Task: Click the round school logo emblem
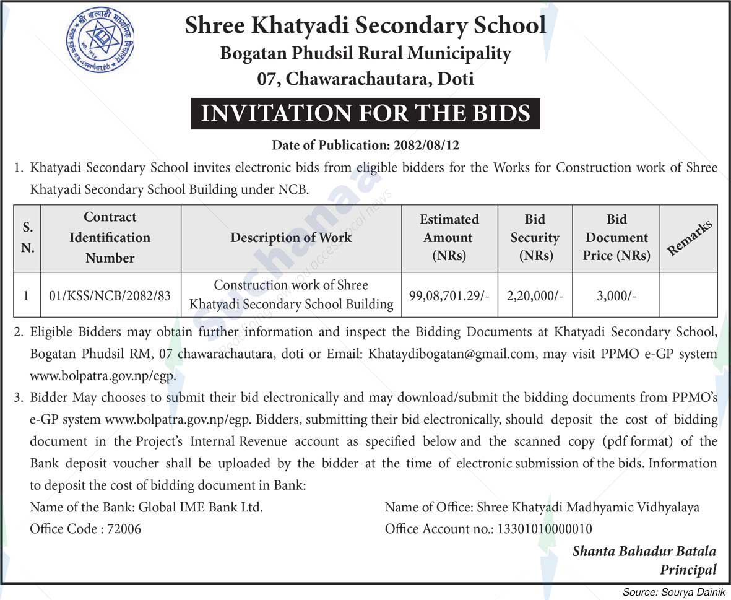100,40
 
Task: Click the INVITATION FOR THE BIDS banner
365,113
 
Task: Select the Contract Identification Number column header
110,238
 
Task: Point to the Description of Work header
291,238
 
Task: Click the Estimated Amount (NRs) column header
449,238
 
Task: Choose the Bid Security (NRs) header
535,238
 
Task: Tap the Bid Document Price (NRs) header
616,238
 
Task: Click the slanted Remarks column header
688,238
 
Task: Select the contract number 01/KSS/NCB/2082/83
110,295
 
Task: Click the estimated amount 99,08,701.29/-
449,295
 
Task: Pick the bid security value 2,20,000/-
535,295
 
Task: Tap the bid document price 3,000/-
616,295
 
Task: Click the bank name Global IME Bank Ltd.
201,508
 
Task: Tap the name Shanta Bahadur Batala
644,550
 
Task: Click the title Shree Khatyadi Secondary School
365,26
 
